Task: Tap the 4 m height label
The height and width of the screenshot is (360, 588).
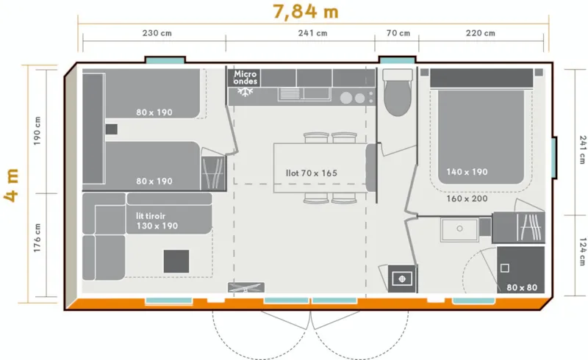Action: point(12,184)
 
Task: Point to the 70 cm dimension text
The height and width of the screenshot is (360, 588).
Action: point(396,33)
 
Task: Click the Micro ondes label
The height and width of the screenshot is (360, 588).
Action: point(245,77)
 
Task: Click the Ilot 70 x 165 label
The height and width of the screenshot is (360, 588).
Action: point(312,173)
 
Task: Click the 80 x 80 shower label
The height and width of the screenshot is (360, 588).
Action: point(522,287)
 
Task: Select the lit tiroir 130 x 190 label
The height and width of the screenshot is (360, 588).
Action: point(157,222)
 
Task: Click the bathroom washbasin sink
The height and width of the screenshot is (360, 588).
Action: point(459,228)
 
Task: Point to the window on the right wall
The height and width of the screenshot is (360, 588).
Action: point(554,157)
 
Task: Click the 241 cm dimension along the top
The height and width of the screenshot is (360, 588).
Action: point(312,33)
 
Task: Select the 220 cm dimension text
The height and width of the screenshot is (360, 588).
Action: point(480,33)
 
